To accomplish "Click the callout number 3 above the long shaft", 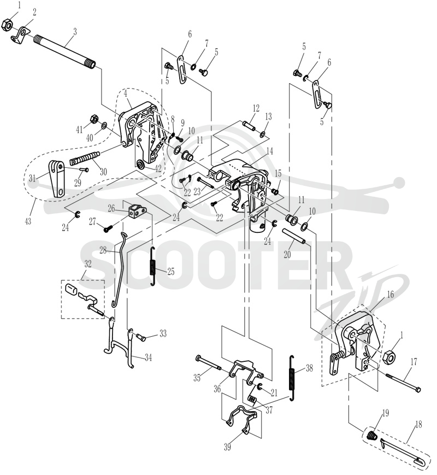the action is tap(75, 32).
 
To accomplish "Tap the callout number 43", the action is tap(28, 221).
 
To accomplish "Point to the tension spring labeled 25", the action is tap(153, 266).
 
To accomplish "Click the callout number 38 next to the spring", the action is tap(309, 368).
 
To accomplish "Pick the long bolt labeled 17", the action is tap(403, 383).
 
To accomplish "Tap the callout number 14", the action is tap(269, 151).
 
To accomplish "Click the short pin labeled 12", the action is tap(249, 125).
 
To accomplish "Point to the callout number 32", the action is tap(88, 263).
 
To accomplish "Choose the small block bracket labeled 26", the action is tap(137, 210).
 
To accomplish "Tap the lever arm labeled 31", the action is tap(57, 179).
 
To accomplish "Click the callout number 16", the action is tap(391, 294).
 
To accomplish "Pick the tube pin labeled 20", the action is tap(294, 236).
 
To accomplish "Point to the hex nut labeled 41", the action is tap(94, 119).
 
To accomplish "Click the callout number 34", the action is tap(148, 358).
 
